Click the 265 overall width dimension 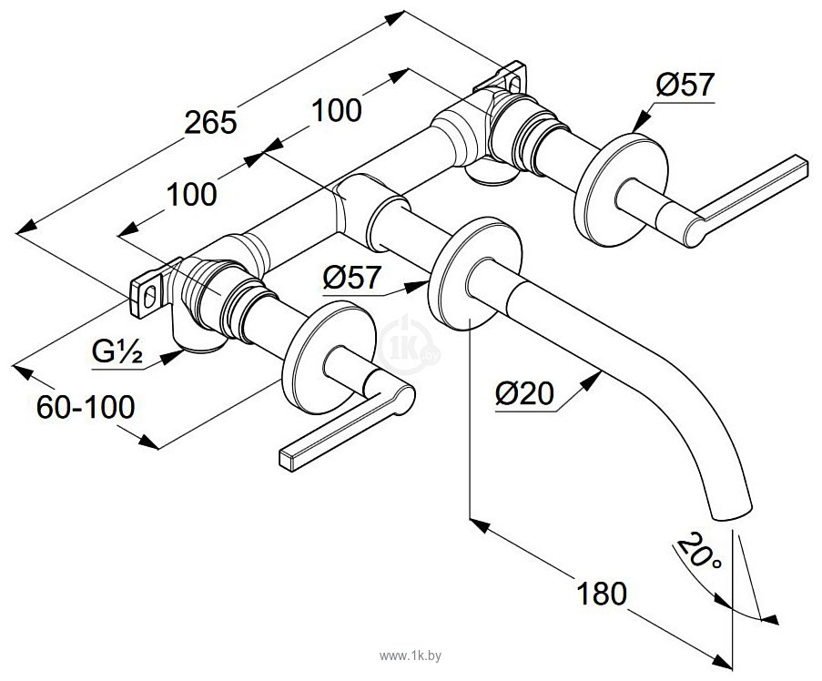(x=211, y=123)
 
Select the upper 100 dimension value (x=337, y=110)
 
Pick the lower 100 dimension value (x=191, y=194)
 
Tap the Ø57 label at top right (x=685, y=84)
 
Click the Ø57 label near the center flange (x=351, y=277)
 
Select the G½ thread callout (x=117, y=352)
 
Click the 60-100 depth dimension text (x=86, y=407)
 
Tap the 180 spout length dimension (x=602, y=593)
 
